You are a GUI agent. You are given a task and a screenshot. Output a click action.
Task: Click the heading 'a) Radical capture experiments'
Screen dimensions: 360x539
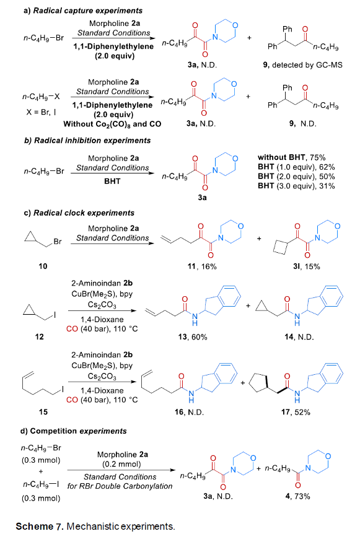83,11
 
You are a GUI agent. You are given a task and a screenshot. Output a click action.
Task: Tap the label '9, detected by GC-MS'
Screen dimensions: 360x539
302,65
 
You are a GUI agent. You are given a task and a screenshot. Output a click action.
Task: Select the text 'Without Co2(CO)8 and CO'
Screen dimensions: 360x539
112,124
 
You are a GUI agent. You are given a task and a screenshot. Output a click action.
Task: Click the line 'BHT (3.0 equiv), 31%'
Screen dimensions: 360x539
296,186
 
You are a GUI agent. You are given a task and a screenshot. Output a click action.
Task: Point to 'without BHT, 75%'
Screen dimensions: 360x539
291,157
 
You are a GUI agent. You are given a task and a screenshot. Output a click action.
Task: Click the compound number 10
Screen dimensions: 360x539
43,266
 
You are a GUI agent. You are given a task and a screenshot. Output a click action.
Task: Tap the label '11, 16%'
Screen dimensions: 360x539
202,266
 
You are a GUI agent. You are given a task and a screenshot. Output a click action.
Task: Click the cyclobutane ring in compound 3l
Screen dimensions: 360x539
280,248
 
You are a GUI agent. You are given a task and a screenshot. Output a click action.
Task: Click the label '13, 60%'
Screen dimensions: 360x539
193,337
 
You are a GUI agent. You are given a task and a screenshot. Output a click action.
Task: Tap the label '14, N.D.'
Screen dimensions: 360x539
299,337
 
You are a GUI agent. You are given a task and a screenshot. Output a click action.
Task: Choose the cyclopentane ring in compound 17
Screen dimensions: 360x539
258,382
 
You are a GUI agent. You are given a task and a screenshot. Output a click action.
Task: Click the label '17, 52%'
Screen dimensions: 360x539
296,412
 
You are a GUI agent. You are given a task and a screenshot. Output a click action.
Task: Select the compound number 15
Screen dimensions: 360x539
43,412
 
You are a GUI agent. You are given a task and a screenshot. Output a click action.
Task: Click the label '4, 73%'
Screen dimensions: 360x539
298,496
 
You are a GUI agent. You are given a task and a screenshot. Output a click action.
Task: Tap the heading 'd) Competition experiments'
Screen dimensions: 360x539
74,431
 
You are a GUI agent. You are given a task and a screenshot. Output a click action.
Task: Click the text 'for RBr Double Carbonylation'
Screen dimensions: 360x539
120,486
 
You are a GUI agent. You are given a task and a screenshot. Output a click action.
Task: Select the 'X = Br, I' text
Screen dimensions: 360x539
41,112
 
